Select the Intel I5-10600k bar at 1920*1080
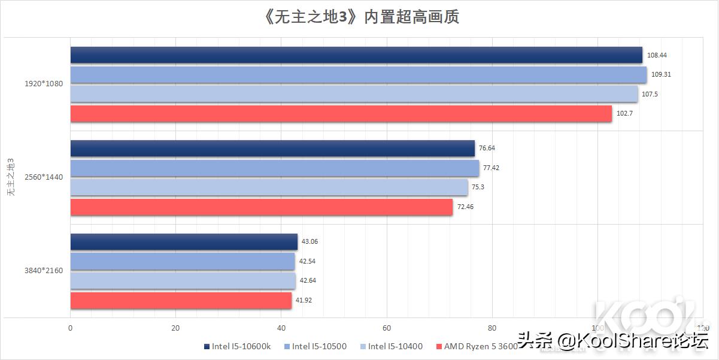(x=356, y=55)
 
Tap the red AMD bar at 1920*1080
(x=341, y=114)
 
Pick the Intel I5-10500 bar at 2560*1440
(x=275, y=168)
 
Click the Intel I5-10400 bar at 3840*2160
(x=183, y=281)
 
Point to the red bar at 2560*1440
(x=262, y=207)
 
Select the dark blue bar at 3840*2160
(x=184, y=242)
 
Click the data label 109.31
(x=660, y=75)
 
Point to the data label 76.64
(x=488, y=149)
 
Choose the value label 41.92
(x=305, y=301)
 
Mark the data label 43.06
(x=310, y=242)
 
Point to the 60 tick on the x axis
(x=387, y=328)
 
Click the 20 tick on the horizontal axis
(x=175, y=328)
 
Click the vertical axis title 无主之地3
(x=10, y=178)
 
